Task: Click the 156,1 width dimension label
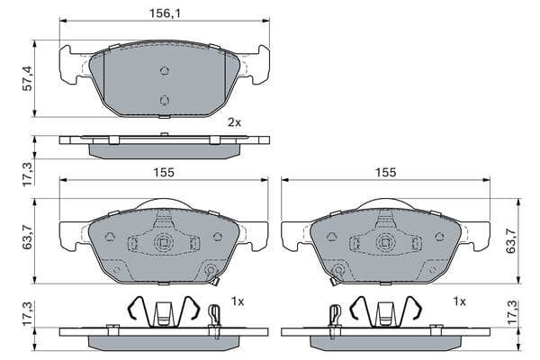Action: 165,13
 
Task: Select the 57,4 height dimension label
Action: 27,78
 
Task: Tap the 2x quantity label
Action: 235,122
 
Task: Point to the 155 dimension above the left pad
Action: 164,172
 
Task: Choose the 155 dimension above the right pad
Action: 386,172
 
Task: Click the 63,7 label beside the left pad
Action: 27,237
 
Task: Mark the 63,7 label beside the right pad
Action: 510,241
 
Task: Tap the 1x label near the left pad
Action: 238,301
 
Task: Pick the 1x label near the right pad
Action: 459,301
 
